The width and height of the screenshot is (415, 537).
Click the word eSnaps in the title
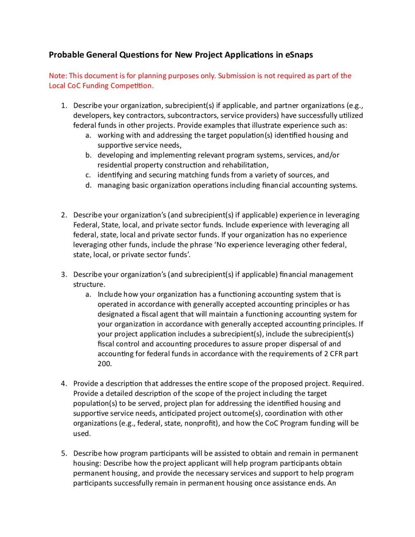coord(299,55)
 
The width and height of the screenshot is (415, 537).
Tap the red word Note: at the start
coord(58,76)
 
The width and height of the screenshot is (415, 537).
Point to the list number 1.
coord(64,106)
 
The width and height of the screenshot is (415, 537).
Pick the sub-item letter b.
coord(88,155)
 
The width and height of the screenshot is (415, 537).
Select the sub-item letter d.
coord(88,185)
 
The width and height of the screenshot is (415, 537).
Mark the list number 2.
coord(64,215)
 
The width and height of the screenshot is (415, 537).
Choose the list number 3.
coord(64,275)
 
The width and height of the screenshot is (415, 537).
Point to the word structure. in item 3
coord(89,285)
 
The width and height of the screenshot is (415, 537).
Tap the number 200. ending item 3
coord(105,364)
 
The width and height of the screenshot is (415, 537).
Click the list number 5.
coord(64,454)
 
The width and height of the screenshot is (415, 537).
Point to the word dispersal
coord(300,344)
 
